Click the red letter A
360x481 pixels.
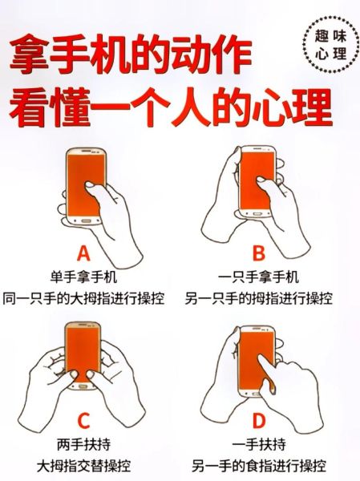point(83,255)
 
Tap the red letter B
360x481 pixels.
point(258,255)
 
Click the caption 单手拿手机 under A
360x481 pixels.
point(83,277)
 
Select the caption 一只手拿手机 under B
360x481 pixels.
point(258,277)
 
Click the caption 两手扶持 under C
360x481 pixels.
point(83,443)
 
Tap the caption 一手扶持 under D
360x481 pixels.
point(258,443)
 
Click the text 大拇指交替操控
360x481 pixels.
point(83,464)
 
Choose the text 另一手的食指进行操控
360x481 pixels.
point(258,464)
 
